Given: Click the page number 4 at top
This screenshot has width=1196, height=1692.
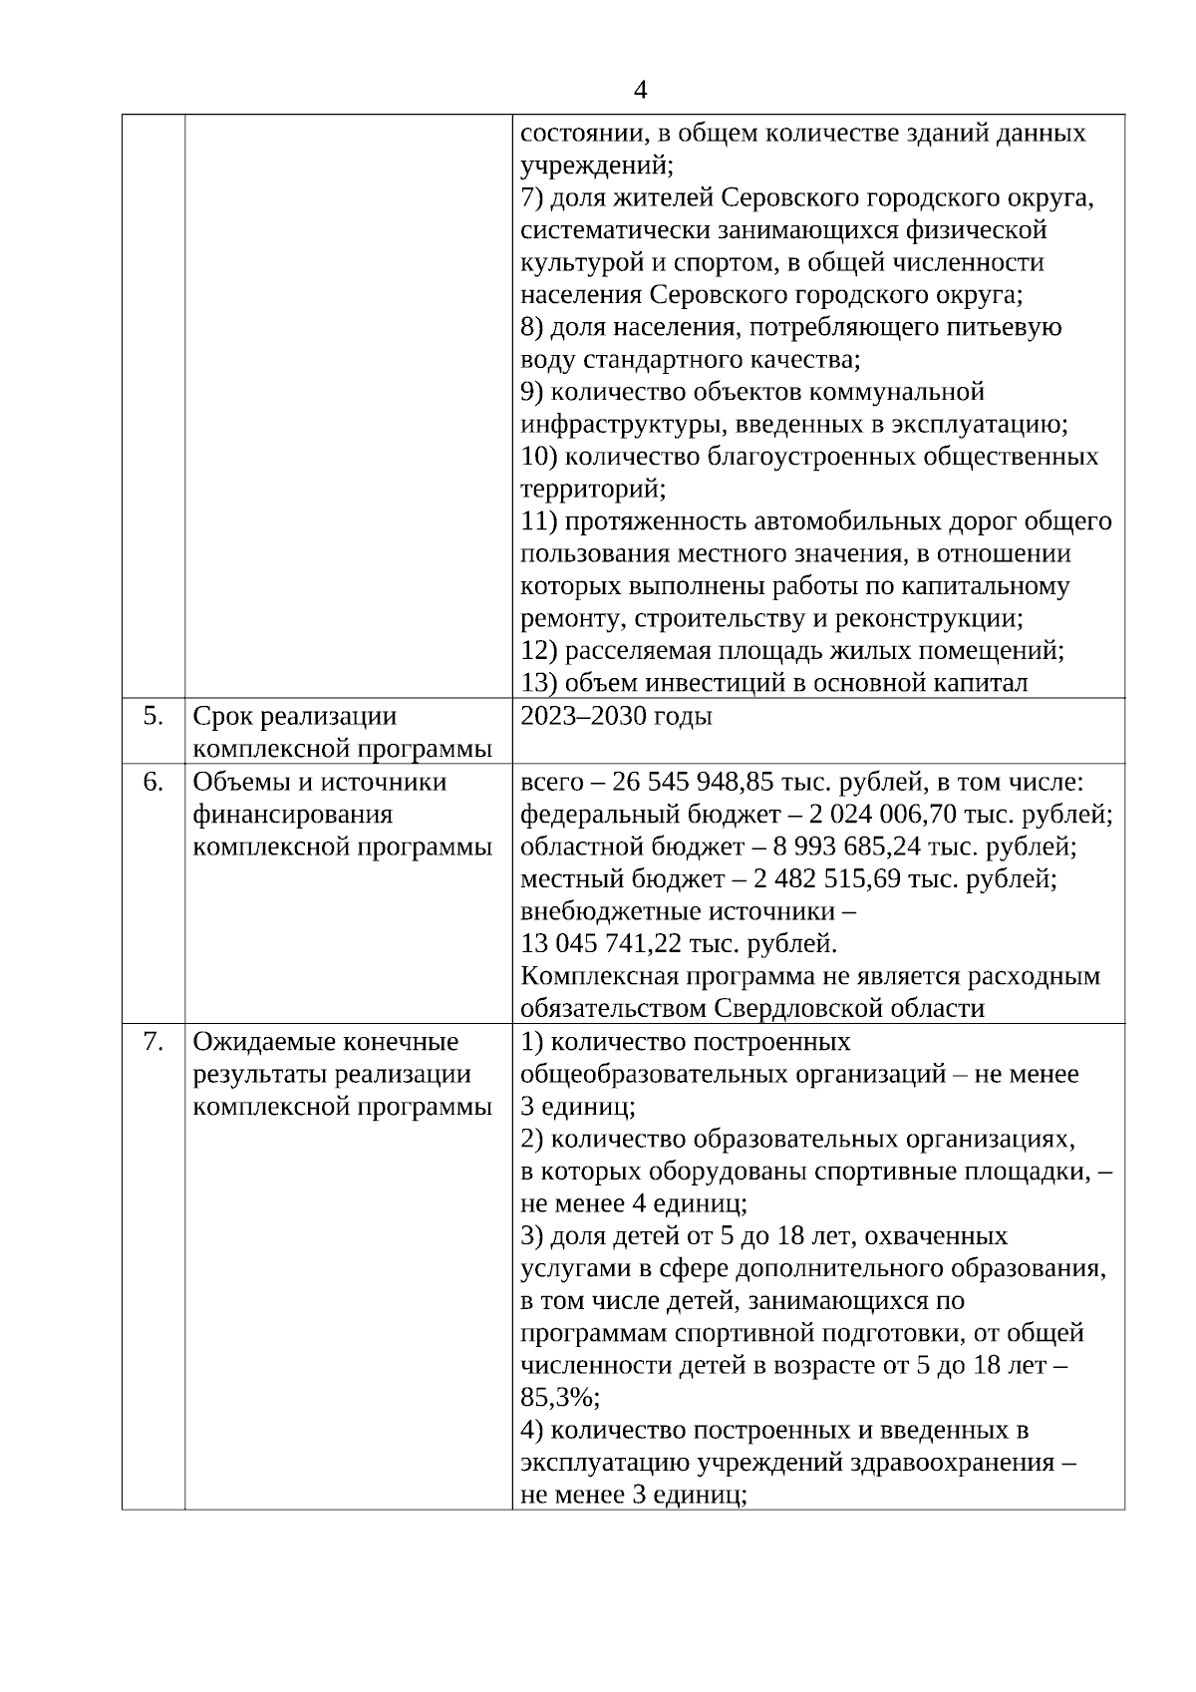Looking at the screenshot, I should pyautogui.click(x=640, y=90).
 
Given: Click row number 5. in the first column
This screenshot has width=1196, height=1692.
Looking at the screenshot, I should pyautogui.click(x=152, y=716).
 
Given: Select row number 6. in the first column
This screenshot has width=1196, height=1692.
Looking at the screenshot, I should pyautogui.click(x=152, y=782).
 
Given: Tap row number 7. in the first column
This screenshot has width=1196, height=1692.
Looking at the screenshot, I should pyautogui.click(x=152, y=1042).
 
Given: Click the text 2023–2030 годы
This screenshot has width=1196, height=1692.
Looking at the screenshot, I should pyautogui.click(x=616, y=717).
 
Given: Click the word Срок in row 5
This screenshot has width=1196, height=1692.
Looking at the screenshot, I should pyautogui.click(x=222, y=717).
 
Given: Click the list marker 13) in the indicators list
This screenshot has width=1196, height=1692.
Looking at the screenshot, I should pyautogui.click(x=539, y=684).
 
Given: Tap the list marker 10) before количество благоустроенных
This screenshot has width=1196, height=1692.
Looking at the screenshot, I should pyautogui.click(x=539, y=457).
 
